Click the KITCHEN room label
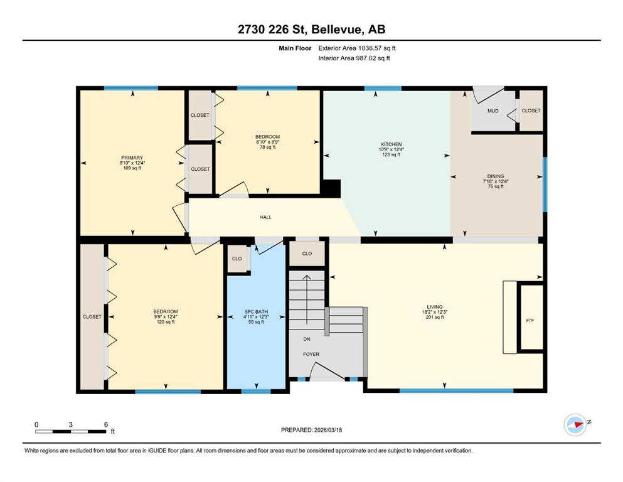(391, 144)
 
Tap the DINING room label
(496, 176)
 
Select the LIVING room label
(435, 307)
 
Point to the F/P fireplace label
(530, 320)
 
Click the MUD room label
(493, 111)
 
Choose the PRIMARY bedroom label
(132, 158)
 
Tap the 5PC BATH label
(256, 311)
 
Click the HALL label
(265, 217)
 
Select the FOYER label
(311, 354)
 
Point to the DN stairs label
(307, 339)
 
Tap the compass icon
(575, 424)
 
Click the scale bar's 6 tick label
(105, 424)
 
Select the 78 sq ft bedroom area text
(267, 147)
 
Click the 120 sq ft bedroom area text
(166, 322)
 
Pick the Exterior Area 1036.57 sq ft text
(357, 48)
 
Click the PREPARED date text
(311, 430)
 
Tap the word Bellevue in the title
(336, 29)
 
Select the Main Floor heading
(295, 48)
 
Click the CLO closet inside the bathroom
(237, 259)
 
